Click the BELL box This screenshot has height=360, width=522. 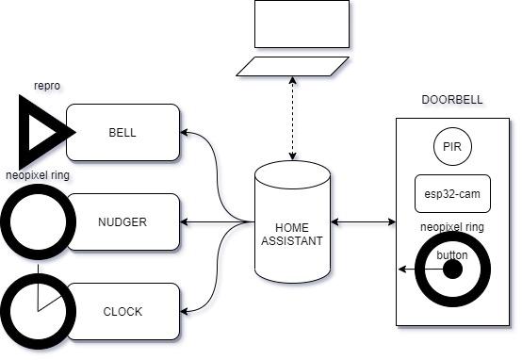pos(122,132)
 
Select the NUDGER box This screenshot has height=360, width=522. pos(122,221)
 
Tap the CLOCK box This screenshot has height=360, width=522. pos(122,311)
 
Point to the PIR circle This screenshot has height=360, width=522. pos(452,148)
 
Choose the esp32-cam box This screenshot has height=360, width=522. pos(452,193)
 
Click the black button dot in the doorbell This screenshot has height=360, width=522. pos(452,269)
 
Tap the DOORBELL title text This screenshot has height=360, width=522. pos(452,101)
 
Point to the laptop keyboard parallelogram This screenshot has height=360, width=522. pos(293,66)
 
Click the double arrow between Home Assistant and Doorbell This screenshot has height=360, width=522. pos(363,222)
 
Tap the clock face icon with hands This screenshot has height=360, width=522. pos(36,309)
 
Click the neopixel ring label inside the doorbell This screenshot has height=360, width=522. pos(452,227)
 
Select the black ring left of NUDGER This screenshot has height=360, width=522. pos(36,222)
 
